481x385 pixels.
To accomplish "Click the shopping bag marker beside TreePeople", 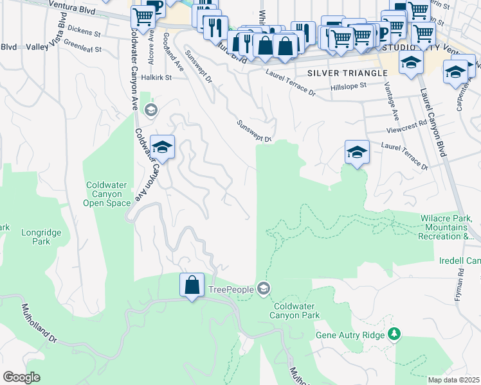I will [192, 285].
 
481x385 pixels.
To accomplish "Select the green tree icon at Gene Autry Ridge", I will [394, 334].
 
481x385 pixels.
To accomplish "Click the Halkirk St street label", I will [158, 78].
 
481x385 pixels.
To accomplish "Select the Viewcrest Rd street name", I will [407, 126].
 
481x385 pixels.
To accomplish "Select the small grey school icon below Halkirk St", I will [150, 110].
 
